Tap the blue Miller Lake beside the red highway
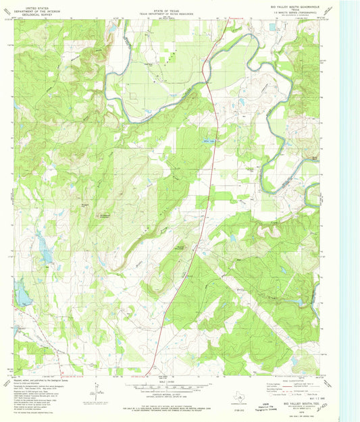point(209,140)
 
